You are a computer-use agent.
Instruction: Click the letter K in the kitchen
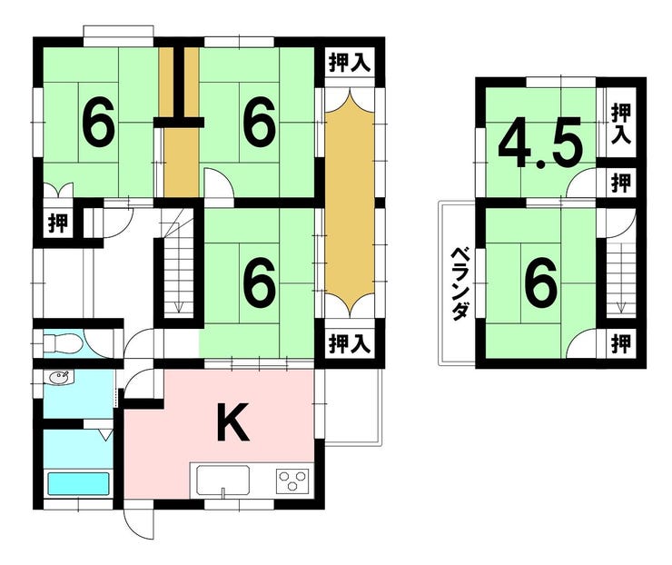click(232, 422)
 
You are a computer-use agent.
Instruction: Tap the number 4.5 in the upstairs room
click(541, 143)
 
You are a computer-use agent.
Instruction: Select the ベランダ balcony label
click(459, 283)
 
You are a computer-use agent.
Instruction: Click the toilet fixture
click(63, 343)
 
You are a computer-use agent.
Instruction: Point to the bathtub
click(78, 483)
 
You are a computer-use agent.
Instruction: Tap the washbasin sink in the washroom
click(60, 378)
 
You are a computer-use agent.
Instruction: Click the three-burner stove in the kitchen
click(292, 481)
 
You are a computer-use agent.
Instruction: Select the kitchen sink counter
click(222, 481)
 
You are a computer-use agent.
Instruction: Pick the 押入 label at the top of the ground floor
click(349, 63)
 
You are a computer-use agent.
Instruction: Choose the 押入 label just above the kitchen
click(349, 344)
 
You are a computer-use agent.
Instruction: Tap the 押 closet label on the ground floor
click(58, 223)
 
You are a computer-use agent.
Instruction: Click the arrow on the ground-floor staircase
click(178, 306)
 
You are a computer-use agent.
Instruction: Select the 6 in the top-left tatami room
click(98, 121)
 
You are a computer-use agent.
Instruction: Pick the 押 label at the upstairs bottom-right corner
click(621, 343)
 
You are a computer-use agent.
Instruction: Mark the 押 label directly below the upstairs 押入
click(621, 183)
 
